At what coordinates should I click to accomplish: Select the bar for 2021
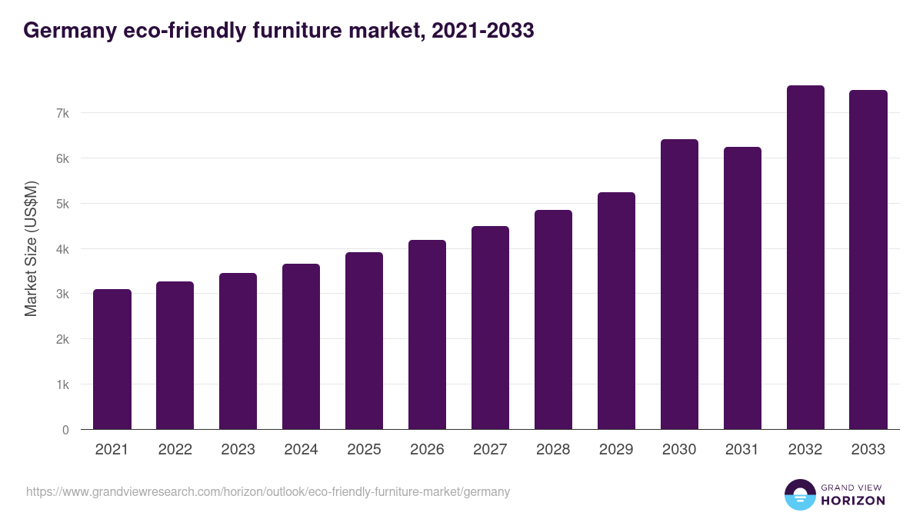point(112,359)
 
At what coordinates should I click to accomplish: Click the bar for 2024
point(301,347)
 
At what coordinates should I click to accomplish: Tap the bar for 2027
point(490,328)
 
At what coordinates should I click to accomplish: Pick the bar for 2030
point(679,284)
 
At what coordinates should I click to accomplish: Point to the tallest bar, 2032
point(805,258)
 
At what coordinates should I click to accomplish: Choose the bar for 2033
point(868,260)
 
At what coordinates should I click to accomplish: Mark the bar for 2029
point(616,311)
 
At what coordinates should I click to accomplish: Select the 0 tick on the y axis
point(66,430)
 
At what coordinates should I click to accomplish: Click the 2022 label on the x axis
point(175,450)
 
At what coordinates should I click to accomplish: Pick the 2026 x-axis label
point(427,450)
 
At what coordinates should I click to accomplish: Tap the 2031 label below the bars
point(742,450)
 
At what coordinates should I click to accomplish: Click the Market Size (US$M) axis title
point(31,249)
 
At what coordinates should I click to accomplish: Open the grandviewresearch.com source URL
point(268,491)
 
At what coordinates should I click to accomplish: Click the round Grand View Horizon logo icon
point(799,494)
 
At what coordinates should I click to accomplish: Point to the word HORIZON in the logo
point(853,501)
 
